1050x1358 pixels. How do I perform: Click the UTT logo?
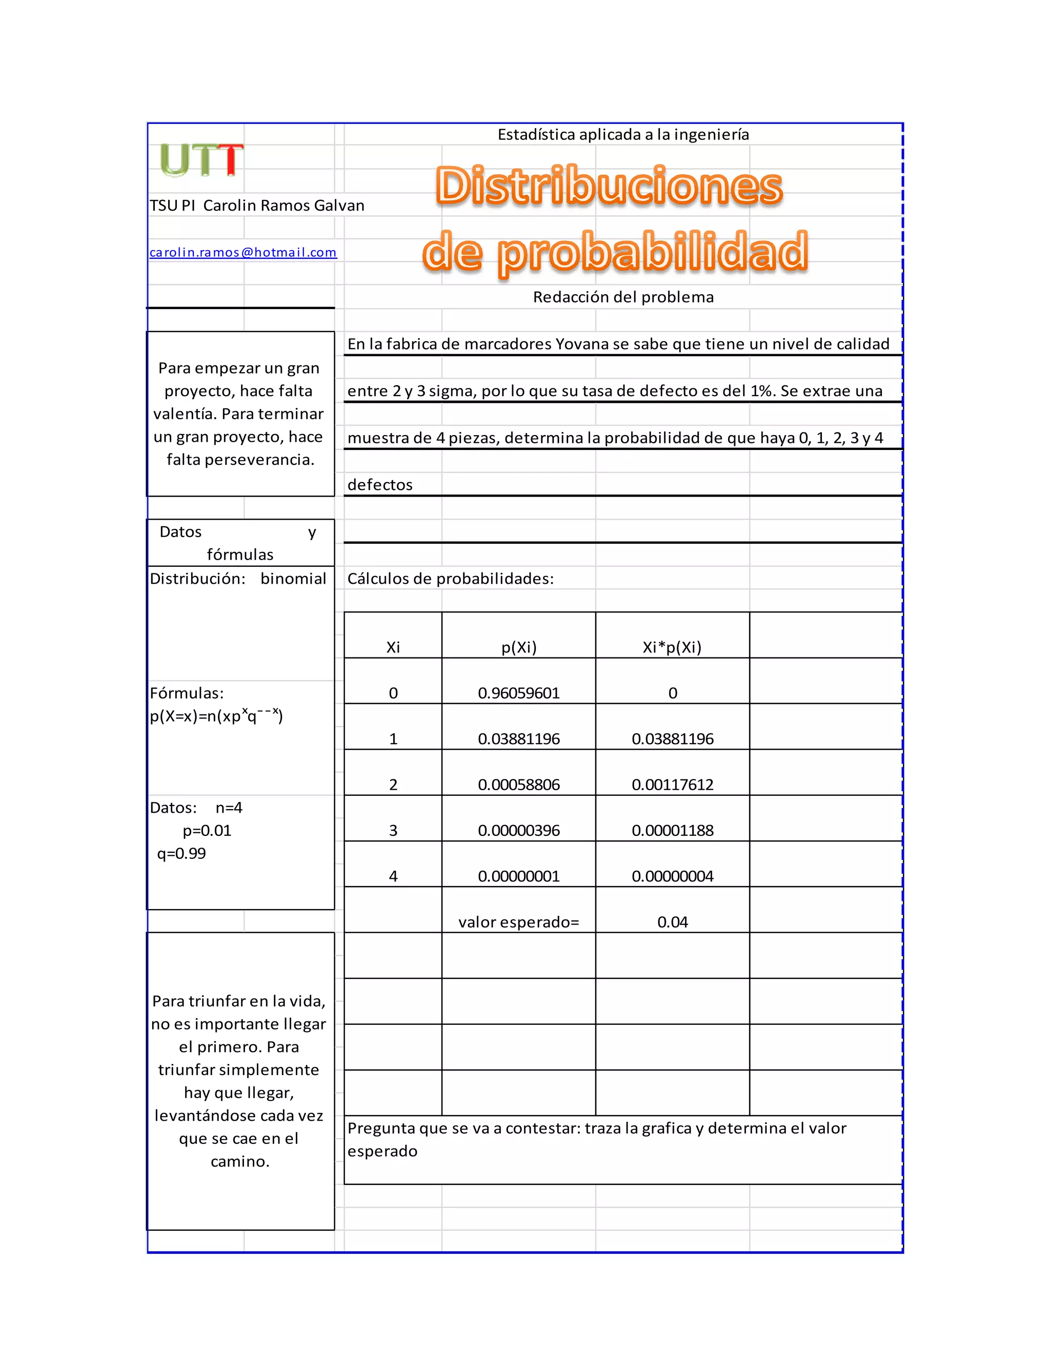[200, 160]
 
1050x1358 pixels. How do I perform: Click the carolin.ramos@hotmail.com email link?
[243, 253]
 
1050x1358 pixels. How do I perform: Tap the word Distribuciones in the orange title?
[609, 186]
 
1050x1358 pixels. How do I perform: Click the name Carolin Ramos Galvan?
[284, 206]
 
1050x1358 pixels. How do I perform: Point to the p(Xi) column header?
[519, 647]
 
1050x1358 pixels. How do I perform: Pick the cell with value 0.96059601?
[519, 693]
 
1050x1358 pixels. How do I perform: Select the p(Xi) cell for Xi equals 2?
[519, 785]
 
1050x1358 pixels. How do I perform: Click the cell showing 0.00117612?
[673, 785]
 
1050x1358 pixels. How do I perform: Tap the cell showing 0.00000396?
[519, 831]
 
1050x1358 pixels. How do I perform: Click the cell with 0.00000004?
[673, 876]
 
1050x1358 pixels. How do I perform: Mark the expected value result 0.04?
[673, 922]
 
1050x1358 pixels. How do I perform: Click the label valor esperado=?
[519, 922]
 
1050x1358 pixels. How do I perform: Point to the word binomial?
[293, 579]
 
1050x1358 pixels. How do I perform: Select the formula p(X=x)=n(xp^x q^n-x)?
[216, 716]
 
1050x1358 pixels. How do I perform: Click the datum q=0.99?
[181, 854]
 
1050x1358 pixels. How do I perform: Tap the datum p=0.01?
[207, 831]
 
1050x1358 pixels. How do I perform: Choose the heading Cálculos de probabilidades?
[450, 579]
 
